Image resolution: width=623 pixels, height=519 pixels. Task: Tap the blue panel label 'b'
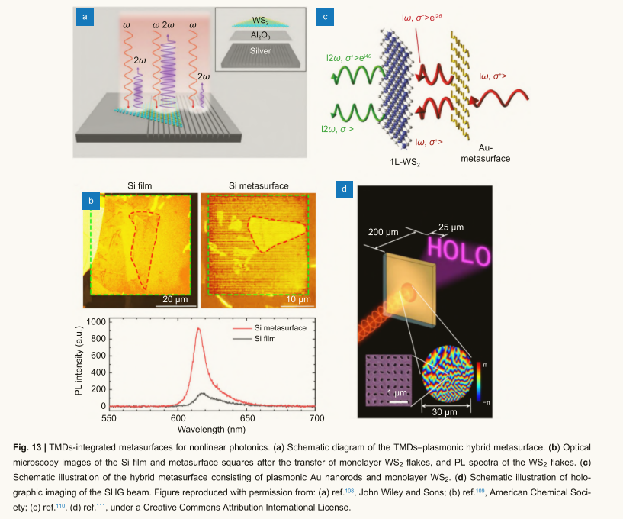[x=91, y=201]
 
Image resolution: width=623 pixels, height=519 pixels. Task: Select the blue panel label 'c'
[x=326, y=16]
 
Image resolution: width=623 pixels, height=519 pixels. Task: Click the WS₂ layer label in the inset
[x=261, y=21]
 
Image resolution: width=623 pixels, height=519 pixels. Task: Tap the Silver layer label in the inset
[x=260, y=51]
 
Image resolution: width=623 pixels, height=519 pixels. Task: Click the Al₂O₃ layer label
[x=260, y=36]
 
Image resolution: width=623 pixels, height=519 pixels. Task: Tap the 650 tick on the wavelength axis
[x=246, y=419]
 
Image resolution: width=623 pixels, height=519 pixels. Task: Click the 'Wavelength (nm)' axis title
[x=213, y=430]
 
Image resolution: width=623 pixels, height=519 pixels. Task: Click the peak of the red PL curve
[x=198, y=329]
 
